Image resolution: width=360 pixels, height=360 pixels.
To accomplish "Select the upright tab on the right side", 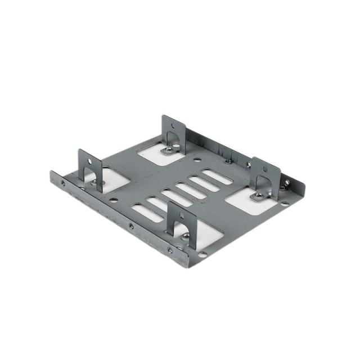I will click(x=265, y=174).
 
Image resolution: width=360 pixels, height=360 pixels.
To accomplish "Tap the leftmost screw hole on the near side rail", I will click(x=62, y=183).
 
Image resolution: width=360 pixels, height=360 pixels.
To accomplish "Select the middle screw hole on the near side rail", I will click(x=131, y=227).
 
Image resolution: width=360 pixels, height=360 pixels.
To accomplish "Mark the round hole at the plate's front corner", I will click(x=203, y=255).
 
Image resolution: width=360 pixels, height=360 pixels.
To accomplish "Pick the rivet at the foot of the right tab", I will click(x=258, y=196).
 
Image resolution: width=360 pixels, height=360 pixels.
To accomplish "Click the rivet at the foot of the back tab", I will click(x=167, y=150).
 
